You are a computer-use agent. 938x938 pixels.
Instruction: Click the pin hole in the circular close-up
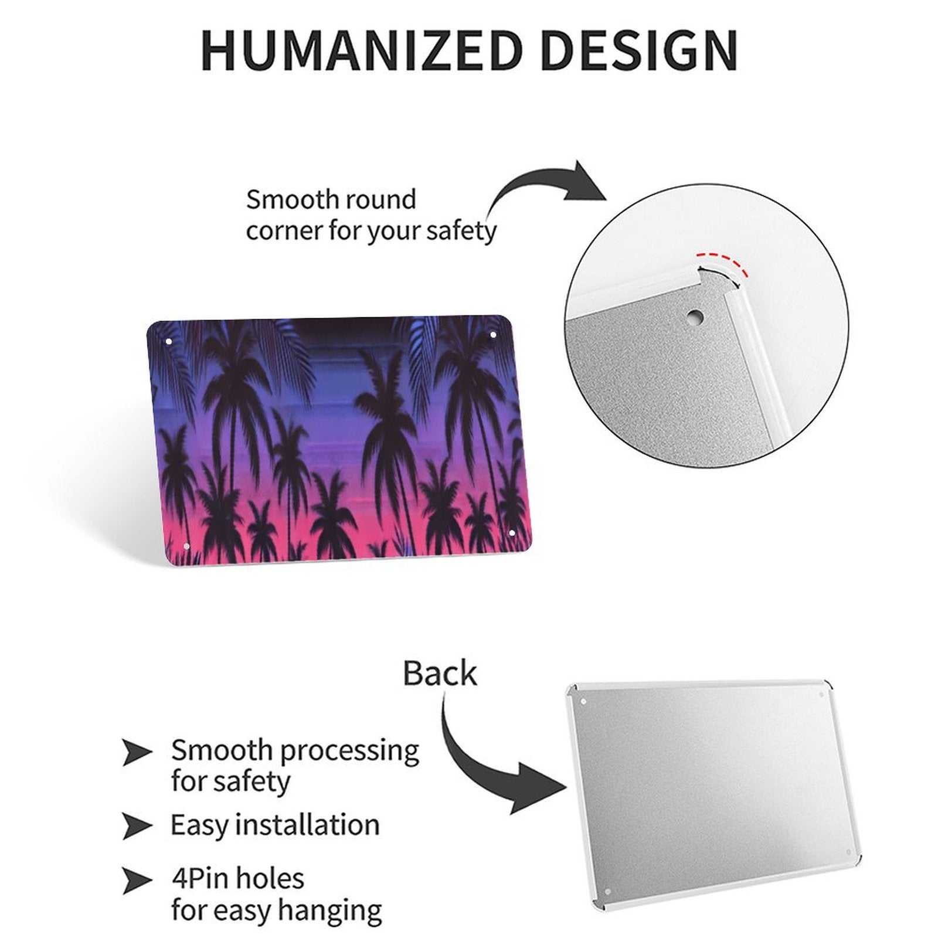pyautogui.click(x=695, y=315)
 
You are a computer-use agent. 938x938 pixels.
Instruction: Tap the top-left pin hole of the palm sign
pyautogui.click(x=169, y=341)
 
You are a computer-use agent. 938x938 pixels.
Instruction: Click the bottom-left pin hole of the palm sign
pyautogui.click(x=186, y=546)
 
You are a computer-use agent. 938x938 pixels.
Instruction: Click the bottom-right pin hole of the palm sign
pyautogui.click(x=511, y=532)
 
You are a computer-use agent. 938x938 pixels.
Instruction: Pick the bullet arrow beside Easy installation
pyautogui.click(x=137, y=826)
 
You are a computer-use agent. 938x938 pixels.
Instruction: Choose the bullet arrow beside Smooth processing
pyautogui.click(x=137, y=752)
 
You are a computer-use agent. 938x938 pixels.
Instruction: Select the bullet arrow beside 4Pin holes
pyautogui.click(x=137, y=880)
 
